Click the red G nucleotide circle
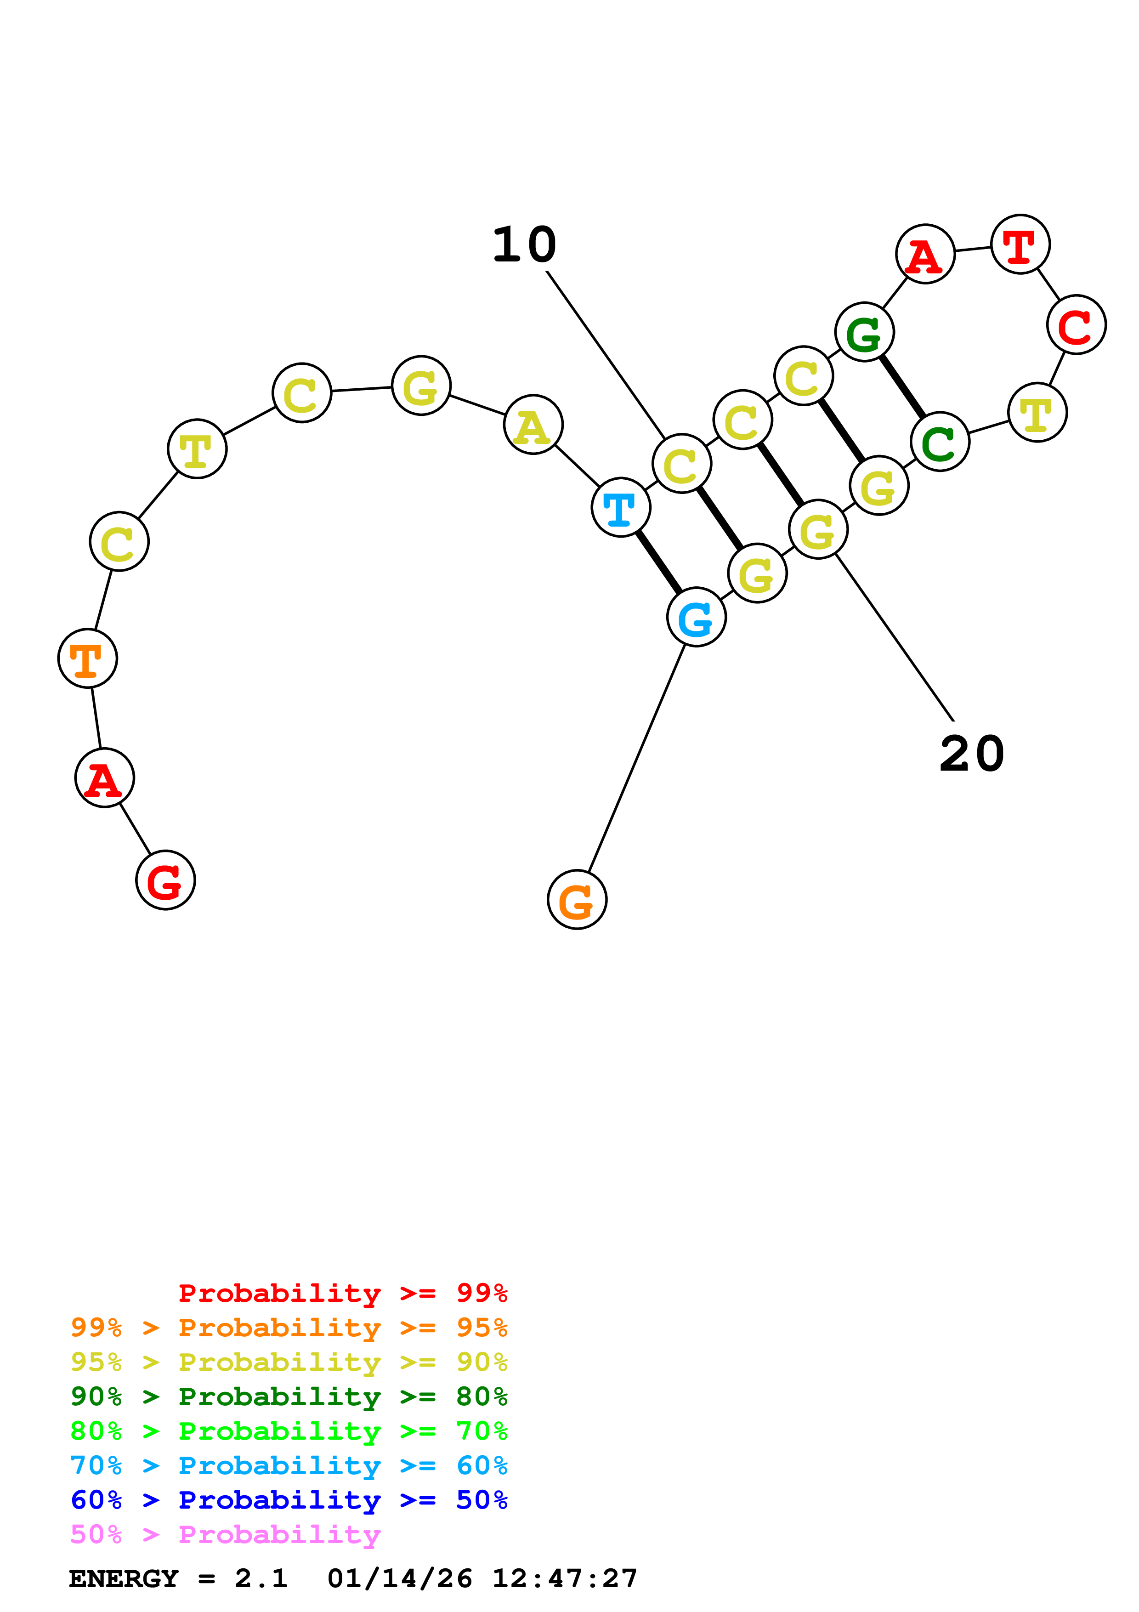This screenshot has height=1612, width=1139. (x=165, y=880)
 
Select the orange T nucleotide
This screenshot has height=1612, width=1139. (x=88, y=658)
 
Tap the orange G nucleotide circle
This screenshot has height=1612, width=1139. (x=577, y=900)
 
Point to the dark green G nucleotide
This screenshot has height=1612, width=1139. (x=865, y=333)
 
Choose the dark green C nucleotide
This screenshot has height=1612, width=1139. (x=940, y=443)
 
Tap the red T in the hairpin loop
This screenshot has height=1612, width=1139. (x=1020, y=244)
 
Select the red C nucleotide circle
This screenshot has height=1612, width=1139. (x=1077, y=325)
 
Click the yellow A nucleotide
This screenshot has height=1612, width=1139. (x=533, y=425)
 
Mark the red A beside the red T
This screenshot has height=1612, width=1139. (x=926, y=254)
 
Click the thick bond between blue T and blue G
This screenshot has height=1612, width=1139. (x=658, y=562)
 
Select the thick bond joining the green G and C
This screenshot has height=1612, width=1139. (x=902, y=387)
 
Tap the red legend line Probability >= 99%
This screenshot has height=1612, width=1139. (x=342, y=1293)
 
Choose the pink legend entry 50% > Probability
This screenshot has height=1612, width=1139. (x=225, y=1535)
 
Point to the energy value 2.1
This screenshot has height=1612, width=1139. (x=261, y=1578)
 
